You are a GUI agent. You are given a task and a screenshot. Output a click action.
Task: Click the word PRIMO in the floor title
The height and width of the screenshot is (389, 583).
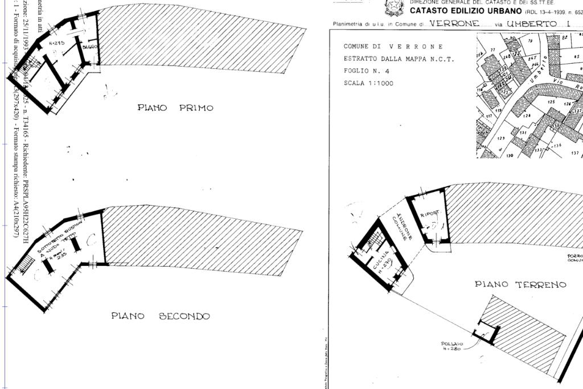[196, 108]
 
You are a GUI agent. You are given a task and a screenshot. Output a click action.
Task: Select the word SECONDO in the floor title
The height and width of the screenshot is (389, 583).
[184, 316]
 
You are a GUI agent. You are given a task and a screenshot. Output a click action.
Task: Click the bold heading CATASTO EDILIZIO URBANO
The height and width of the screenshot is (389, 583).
[465, 11]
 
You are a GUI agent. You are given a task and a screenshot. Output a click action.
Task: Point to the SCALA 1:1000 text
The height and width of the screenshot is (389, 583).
[368, 83]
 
